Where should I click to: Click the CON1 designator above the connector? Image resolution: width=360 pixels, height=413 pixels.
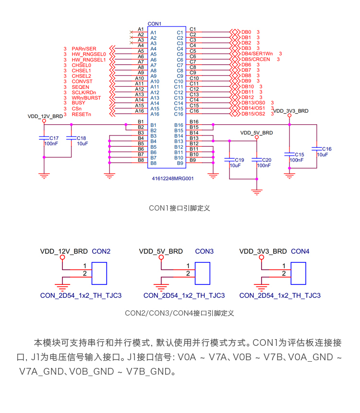click(x=155, y=24)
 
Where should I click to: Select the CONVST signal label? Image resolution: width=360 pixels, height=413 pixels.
click(x=81, y=81)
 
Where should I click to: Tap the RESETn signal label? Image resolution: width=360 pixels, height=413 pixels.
click(x=81, y=114)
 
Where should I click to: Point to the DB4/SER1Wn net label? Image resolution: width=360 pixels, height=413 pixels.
click(x=257, y=54)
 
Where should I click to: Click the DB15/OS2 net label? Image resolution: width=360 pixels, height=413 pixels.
click(x=253, y=114)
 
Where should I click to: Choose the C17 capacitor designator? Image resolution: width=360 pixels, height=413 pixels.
click(x=54, y=138)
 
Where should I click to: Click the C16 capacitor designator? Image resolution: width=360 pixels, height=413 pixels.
click(x=326, y=149)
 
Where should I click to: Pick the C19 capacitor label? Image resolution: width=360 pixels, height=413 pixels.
click(x=239, y=160)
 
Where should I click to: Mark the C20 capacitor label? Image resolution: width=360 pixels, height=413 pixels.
click(x=266, y=160)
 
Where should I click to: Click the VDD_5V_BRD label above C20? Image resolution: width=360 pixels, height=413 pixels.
click(x=256, y=132)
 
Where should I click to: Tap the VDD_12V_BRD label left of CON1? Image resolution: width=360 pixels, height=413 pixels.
click(x=45, y=116)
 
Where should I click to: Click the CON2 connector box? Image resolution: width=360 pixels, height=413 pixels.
click(x=100, y=273)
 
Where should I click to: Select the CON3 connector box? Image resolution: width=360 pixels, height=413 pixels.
click(x=203, y=273)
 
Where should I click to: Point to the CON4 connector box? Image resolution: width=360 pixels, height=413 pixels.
click(x=299, y=273)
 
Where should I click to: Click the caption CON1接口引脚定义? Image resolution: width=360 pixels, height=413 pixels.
click(x=179, y=208)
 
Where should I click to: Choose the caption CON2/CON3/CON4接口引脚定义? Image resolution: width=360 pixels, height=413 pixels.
click(x=179, y=313)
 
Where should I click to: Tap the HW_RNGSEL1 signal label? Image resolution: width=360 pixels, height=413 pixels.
click(x=89, y=59)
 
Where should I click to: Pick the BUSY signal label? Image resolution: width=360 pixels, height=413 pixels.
click(x=78, y=103)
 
